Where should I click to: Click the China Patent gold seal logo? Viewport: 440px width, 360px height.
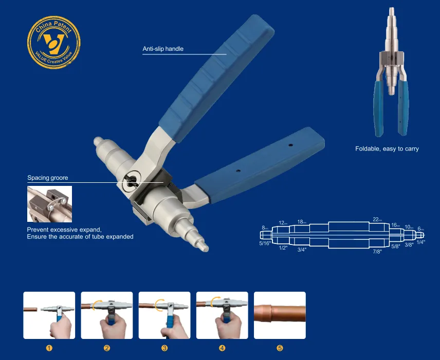coord(49,40)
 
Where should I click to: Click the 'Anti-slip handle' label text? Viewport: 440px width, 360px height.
coord(163,49)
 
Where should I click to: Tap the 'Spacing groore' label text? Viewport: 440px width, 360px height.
coord(48,178)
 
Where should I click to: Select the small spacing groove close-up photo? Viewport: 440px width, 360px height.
coord(49,204)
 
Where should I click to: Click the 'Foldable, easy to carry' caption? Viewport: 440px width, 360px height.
coord(387,149)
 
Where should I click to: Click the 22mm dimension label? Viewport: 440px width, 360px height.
coord(376,220)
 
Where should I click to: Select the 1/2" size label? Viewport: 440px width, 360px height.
coord(283,248)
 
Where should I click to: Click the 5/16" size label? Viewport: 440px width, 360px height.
coord(265,243)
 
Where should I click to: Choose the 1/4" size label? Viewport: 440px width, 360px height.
coord(420,242)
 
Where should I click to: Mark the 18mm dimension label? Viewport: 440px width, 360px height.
coord(302,222)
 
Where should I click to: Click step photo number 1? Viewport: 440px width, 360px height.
coord(49,315)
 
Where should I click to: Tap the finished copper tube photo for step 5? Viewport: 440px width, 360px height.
coord(280,315)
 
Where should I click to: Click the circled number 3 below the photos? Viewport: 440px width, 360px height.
coord(164,348)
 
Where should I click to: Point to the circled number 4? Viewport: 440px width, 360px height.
coord(222,348)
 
